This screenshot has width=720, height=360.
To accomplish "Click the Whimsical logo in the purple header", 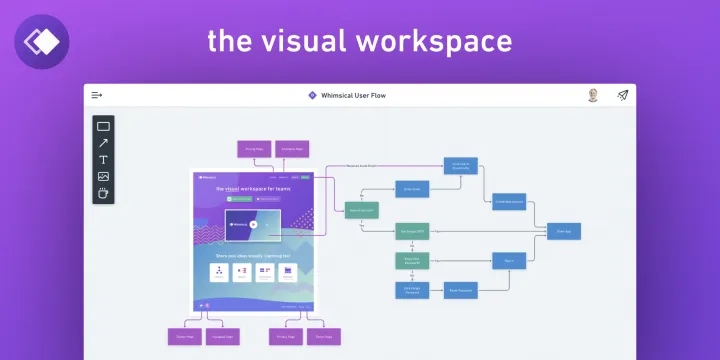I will (x=43, y=41).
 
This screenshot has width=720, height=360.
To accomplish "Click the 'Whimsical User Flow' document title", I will (x=353, y=96).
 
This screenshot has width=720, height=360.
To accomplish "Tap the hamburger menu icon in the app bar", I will (x=97, y=95).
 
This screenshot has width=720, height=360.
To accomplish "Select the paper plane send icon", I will (x=623, y=95).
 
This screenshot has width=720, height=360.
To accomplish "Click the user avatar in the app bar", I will (x=593, y=95).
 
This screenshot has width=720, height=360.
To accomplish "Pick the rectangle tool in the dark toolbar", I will (x=103, y=126).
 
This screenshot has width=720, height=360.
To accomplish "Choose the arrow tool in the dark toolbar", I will (x=103, y=143).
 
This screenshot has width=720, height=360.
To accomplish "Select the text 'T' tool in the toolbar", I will (x=103, y=160).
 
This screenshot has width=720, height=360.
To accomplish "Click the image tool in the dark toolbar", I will (x=103, y=177).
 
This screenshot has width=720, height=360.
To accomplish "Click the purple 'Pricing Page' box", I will (x=251, y=149).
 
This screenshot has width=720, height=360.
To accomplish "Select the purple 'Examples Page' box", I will (x=290, y=149).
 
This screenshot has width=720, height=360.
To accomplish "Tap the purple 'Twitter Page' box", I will (x=184, y=336).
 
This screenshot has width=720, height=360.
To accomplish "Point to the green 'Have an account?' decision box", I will (x=361, y=210).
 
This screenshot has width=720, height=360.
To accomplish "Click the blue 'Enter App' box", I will (x=564, y=230).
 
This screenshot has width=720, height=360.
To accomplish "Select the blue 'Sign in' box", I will (x=509, y=260).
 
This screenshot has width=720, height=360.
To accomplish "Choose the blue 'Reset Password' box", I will (x=460, y=290).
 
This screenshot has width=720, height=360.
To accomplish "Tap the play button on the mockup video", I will (x=254, y=225).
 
